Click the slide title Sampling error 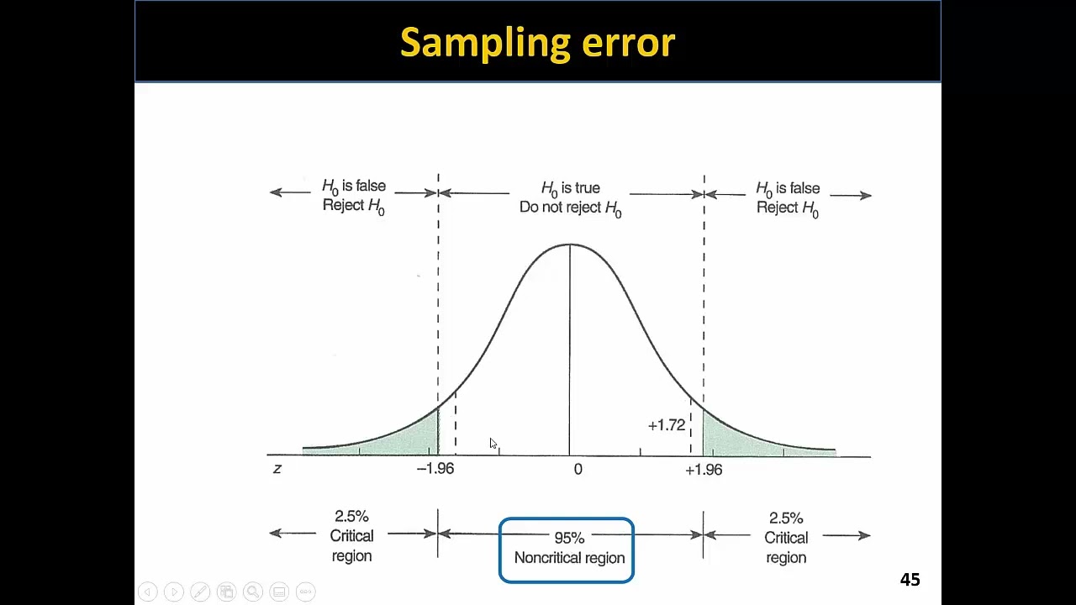tap(537, 43)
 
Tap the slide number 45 tap(910, 580)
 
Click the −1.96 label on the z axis tap(435, 469)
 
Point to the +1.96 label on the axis tap(704, 470)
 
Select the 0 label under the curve tap(578, 470)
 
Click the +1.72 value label tap(667, 425)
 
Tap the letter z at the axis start tap(277, 469)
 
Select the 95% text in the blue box tap(569, 538)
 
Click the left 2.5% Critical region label tap(351, 536)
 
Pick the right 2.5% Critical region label tap(786, 538)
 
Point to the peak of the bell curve tap(570, 245)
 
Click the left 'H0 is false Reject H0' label tap(354, 196)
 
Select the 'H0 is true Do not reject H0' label tap(571, 198)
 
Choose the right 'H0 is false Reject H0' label tap(788, 198)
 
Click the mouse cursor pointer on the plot tap(493, 444)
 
